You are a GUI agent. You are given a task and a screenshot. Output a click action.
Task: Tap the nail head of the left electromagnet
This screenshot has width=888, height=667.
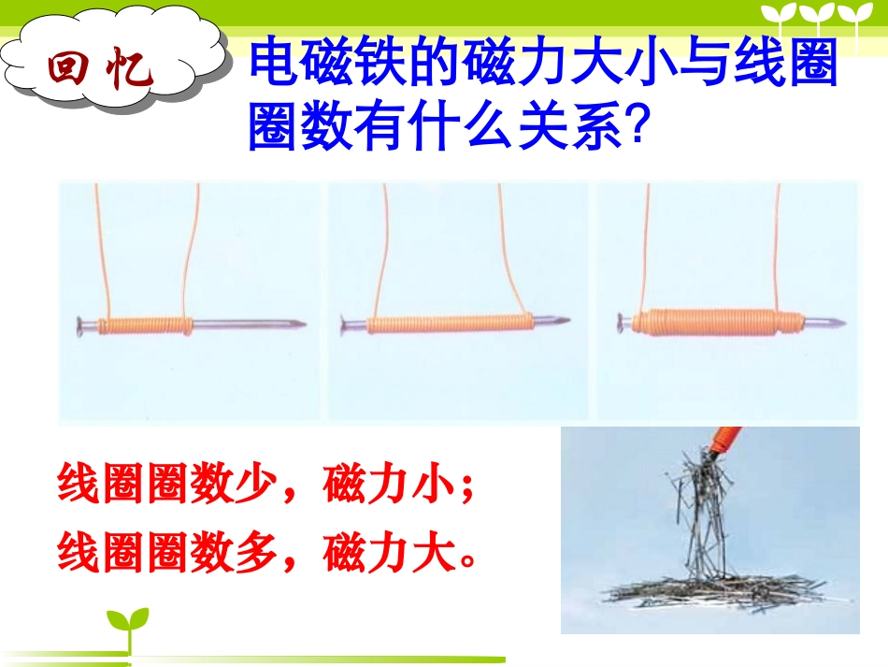click(80, 326)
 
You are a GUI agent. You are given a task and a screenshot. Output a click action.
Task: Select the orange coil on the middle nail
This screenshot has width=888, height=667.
click(449, 325)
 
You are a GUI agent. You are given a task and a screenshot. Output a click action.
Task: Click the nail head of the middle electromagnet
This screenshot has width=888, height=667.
click(346, 326)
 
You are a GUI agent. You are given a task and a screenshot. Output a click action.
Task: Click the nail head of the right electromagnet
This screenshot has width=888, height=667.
click(620, 324)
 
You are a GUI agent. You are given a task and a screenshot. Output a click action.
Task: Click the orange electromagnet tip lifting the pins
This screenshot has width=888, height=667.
click(724, 441)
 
